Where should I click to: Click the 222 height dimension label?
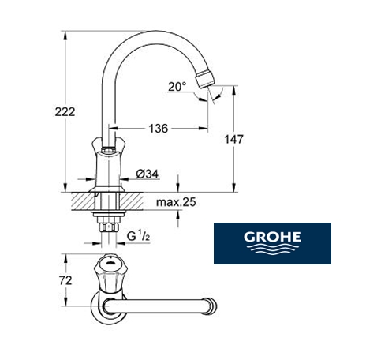(65, 112)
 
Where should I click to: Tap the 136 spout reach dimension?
(159, 129)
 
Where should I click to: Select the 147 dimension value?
(233, 139)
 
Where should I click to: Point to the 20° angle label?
(177, 86)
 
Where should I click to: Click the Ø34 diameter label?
(148, 174)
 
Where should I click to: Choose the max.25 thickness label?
(176, 202)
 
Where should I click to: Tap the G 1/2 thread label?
(138, 235)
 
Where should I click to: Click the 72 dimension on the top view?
(65, 280)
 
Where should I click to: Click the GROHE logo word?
(272, 237)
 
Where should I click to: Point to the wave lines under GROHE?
(272, 249)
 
